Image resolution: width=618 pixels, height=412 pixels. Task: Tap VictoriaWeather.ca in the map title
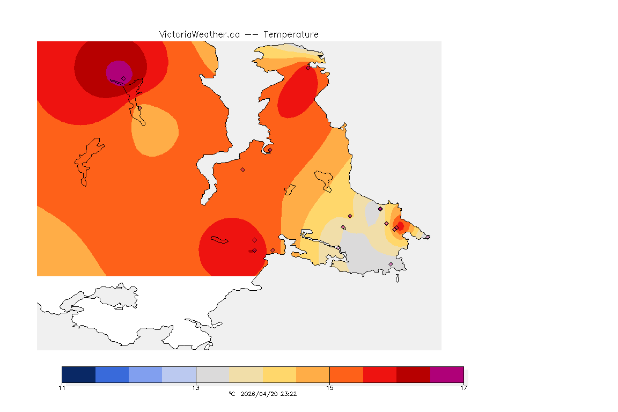(199, 34)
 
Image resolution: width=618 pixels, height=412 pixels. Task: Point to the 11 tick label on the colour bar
(62, 388)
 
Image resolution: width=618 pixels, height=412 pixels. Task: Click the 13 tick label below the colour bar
(196, 388)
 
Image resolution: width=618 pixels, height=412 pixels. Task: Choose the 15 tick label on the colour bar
(329, 388)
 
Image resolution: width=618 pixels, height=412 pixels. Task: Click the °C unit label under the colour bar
(232, 394)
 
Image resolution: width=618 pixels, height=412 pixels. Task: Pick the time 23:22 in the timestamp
(289, 394)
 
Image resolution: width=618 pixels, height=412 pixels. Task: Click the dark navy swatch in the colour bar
(78, 374)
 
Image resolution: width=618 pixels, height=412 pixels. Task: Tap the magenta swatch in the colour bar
(447, 374)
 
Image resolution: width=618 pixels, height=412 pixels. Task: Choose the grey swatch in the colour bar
(212, 374)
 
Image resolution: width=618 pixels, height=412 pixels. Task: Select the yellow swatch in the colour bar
(279, 374)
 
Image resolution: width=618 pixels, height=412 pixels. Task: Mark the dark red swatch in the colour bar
(413, 374)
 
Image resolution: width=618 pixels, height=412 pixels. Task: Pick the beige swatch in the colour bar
(246, 374)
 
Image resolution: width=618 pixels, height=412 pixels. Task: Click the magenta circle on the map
(117, 71)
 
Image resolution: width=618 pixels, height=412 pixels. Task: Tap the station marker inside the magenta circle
(123, 78)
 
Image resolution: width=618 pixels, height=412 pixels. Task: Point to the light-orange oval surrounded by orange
(155, 130)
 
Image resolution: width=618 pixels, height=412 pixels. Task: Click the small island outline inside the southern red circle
(219, 240)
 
